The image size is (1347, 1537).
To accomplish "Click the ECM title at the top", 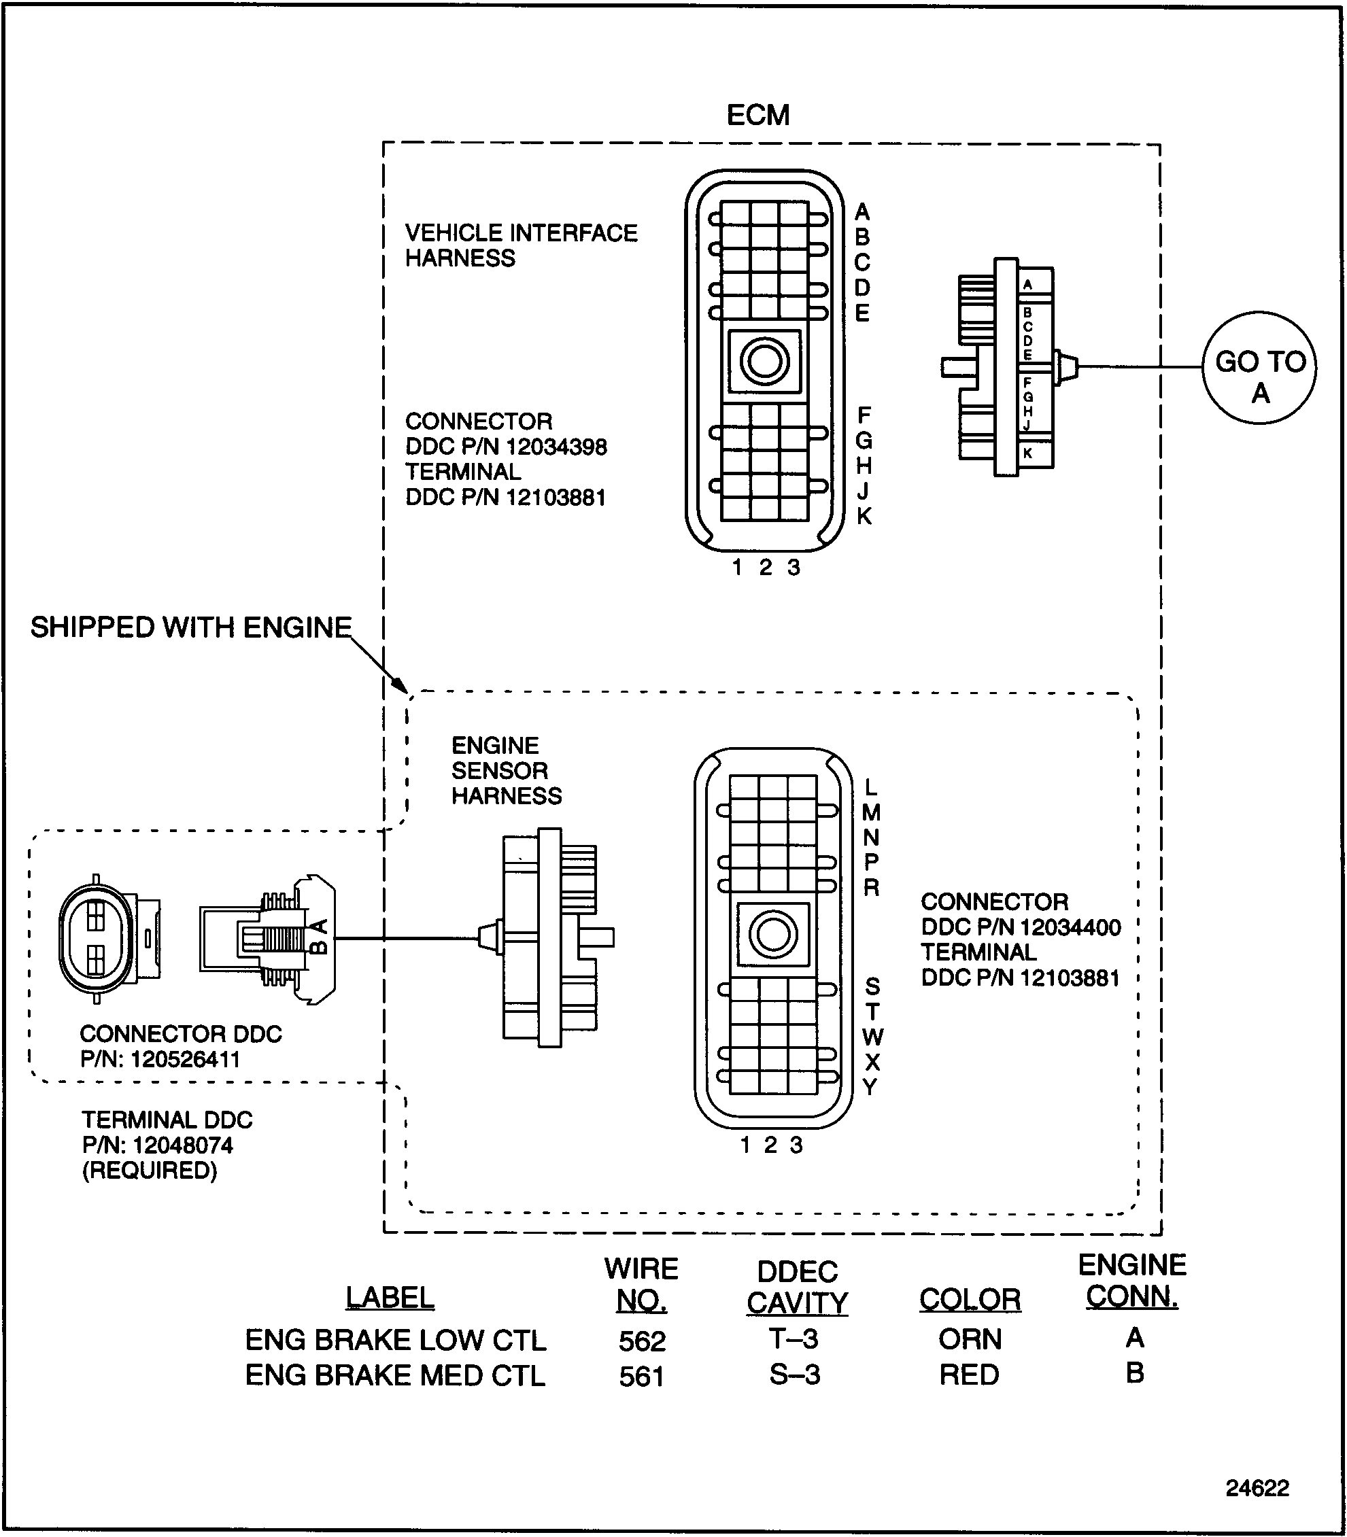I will click(x=757, y=115).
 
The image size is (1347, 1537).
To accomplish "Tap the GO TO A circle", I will click(x=1259, y=368).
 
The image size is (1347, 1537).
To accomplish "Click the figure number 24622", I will click(x=1257, y=1487).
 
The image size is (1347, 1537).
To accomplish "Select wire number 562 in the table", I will click(x=642, y=1341).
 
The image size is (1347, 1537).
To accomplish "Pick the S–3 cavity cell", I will click(x=794, y=1375).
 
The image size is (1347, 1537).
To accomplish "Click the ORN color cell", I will click(x=970, y=1339).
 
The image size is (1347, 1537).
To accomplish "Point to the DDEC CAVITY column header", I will click(x=797, y=1287).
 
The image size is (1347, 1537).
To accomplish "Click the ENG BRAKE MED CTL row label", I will click(x=394, y=1375).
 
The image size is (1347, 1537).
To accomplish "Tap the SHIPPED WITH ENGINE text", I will click(x=191, y=627).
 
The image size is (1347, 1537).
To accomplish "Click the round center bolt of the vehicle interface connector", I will click(x=764, y=361).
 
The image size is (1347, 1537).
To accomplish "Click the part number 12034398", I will click(x=556, y=447).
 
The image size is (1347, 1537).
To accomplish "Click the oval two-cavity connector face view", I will click(x=97, y=938).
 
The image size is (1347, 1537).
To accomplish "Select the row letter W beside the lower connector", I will click(x=872, y=1037).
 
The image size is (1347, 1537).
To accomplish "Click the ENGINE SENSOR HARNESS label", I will click(x=506, y=770).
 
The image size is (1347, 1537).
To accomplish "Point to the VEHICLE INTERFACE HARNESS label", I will click(x=520, y=245).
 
